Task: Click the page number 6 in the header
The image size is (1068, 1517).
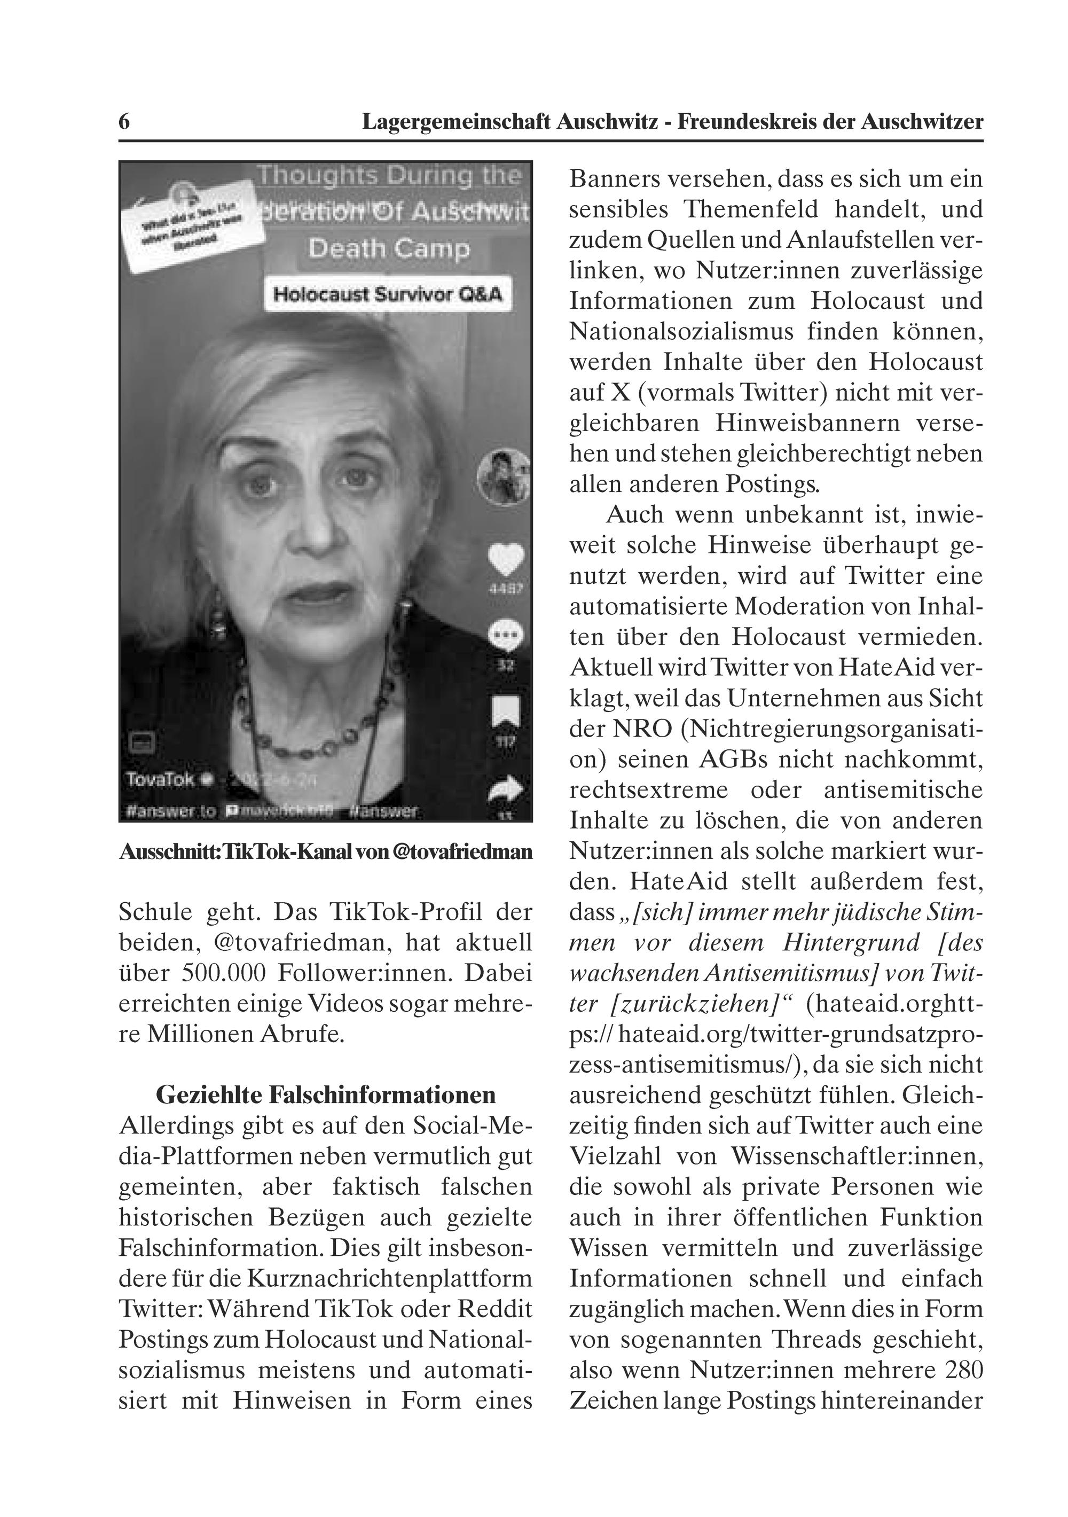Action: [123, 122]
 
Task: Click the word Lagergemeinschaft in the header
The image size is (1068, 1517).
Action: [455, 122]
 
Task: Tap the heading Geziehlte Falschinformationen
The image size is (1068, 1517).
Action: [326, 1095]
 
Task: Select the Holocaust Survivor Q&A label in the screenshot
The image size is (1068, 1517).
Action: [388, 293]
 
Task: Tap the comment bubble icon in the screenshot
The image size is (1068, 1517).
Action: [506, 636]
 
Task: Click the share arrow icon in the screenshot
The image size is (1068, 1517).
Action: [506, 789]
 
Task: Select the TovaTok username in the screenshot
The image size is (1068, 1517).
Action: [161, 779]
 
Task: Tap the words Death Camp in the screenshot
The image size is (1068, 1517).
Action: [389, 248]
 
